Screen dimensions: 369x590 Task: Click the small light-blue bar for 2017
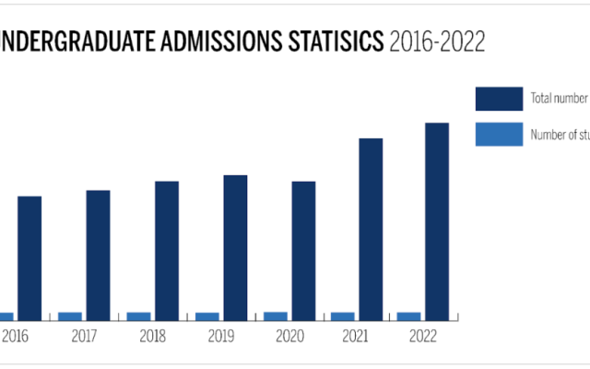pos(70,316)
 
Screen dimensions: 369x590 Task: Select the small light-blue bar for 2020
pos(275,316)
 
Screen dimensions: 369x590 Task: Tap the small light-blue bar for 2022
pos(408,316)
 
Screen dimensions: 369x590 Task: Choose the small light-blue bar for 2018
pos(138,316)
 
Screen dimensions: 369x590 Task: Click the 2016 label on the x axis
pos(16,338)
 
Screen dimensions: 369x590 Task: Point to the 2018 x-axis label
pos(152,338)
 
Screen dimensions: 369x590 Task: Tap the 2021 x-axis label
pos(356,338)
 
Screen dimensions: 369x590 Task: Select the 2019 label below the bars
pos(220,338)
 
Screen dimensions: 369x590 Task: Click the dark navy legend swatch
pos(499,98)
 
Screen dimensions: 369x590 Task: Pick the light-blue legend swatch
pos(499,135)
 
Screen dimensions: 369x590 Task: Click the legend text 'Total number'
pos(559,98)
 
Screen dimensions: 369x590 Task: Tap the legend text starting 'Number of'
pos(559,135)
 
